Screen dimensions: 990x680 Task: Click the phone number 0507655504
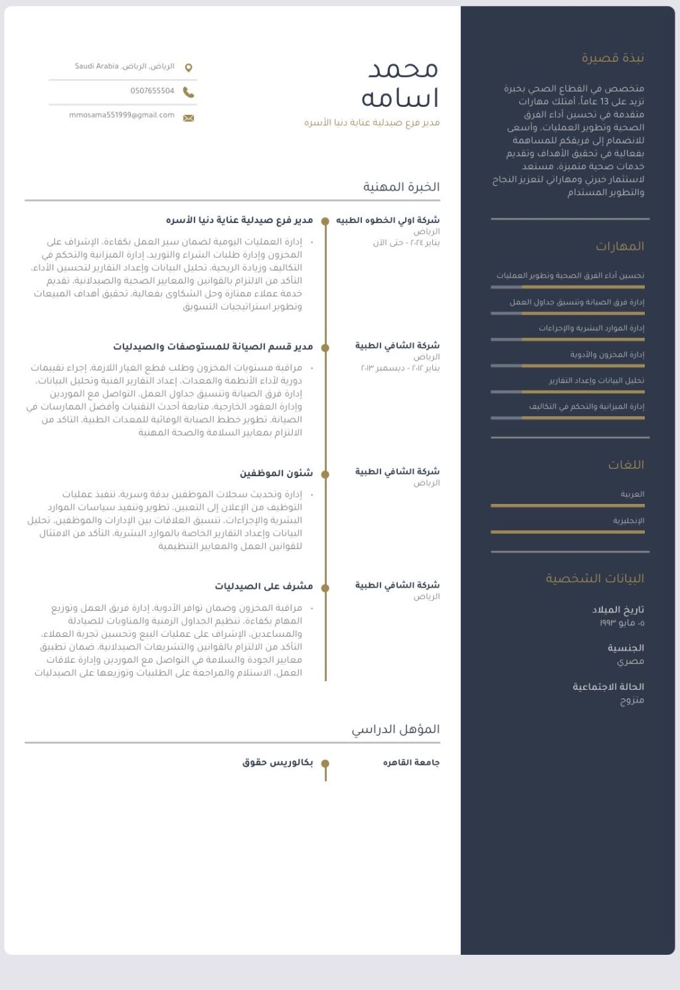(x=152, y=91)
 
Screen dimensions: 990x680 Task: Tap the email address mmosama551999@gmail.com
(x=122, y=116)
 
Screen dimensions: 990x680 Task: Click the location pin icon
(x=189, y=68)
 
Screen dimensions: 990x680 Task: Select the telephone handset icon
(x=189, y=92)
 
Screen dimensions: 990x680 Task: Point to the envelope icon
(x=189, y=118)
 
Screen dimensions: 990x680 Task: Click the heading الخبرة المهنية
(x=401, y=187)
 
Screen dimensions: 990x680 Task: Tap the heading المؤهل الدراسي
(x=396, y=729)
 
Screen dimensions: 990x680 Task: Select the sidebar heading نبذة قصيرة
(x=613, y=58)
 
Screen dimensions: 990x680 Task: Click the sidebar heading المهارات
(x=620, y=246)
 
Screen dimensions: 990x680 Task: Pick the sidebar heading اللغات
(x=626, y=465)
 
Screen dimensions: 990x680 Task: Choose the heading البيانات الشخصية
(x=595, y=578)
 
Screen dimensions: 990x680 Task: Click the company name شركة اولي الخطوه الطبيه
(x=388, y=220)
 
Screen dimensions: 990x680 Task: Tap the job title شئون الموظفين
(x=276, y=473)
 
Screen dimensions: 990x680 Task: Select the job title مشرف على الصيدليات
(x=264, y=586)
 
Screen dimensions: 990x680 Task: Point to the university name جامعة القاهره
(x=411, y=762)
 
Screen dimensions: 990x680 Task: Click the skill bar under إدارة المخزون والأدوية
(x=568, y=365)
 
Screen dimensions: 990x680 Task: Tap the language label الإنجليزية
(x=629, y=521)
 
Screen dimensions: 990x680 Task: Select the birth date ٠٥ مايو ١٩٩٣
(x=622, y=623)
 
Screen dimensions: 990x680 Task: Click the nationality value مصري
(x=631, y=661)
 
